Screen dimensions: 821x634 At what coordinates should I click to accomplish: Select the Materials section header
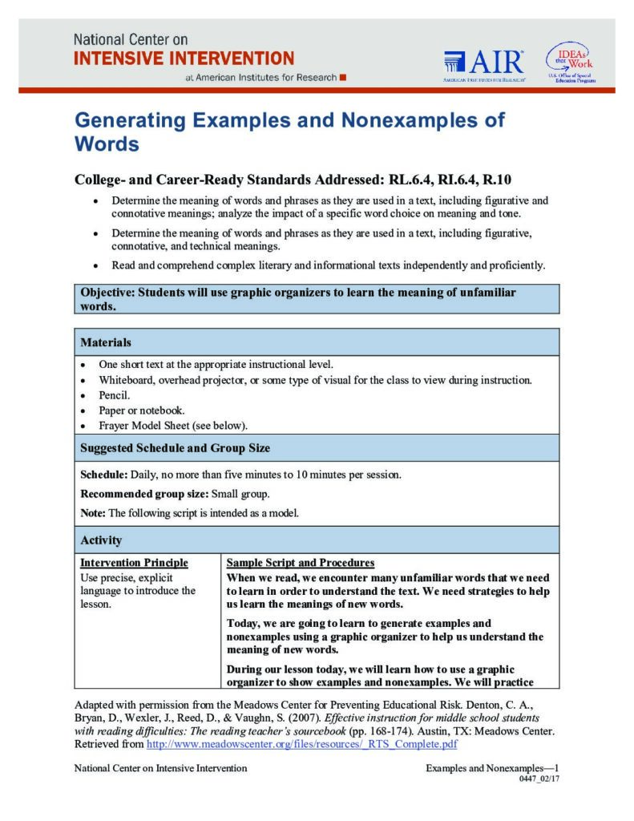click(106, 342)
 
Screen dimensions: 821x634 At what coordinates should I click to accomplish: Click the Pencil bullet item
click(114, 395)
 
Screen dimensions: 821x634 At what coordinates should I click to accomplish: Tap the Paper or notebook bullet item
click(141, 410)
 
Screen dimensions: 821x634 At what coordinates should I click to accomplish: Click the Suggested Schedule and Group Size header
click(175, 448)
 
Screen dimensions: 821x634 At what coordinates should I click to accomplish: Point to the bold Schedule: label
click(107, 475)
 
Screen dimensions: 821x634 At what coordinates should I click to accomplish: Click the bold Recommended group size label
click(143, 494)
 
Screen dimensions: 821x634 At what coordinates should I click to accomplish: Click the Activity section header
click(101, 540)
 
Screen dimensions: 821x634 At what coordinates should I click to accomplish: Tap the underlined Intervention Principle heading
click(135, 563)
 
